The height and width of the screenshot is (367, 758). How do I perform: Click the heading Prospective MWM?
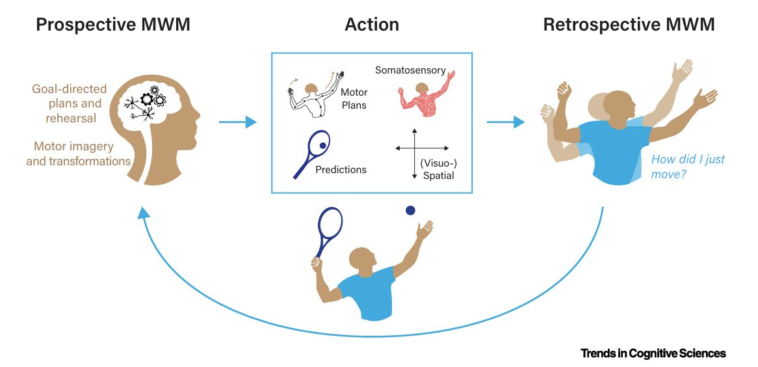click(x=112, y=25)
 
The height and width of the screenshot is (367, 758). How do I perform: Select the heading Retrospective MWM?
click(x=629, y=25)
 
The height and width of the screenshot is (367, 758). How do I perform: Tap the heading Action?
click(x=371, y=25)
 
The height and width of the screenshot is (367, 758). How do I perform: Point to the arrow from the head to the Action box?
click(x=237, y=122)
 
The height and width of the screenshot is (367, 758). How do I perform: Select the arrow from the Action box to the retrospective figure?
click(x=505, y=122)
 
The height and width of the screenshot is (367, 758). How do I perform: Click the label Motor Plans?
click(x=354, y=99)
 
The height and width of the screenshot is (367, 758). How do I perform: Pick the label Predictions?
click(x=341, y=170)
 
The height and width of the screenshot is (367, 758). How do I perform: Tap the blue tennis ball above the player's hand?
click(x=410, y=210)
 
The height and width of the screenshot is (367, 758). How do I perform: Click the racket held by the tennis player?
click(x=329, y=230)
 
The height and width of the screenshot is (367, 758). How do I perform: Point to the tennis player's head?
click(x=362, y=260)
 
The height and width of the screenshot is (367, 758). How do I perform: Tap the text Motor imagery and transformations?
click(x=78, y=154)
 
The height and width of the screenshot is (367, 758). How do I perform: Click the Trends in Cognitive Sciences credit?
click(x=653, y=353)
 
